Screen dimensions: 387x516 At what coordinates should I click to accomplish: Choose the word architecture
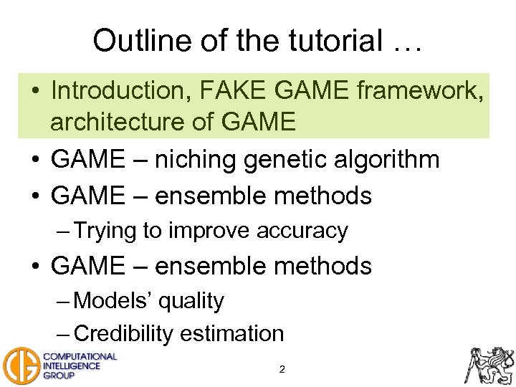coord(125,122)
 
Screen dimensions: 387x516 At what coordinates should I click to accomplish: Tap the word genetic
coord(288,159)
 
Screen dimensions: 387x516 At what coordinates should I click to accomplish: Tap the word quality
coord(191,301)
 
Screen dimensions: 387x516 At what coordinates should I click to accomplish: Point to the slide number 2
coord(282,370)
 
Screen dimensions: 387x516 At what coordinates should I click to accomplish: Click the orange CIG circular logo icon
coord(20,365)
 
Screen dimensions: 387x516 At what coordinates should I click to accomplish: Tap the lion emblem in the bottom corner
coord(490,364)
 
